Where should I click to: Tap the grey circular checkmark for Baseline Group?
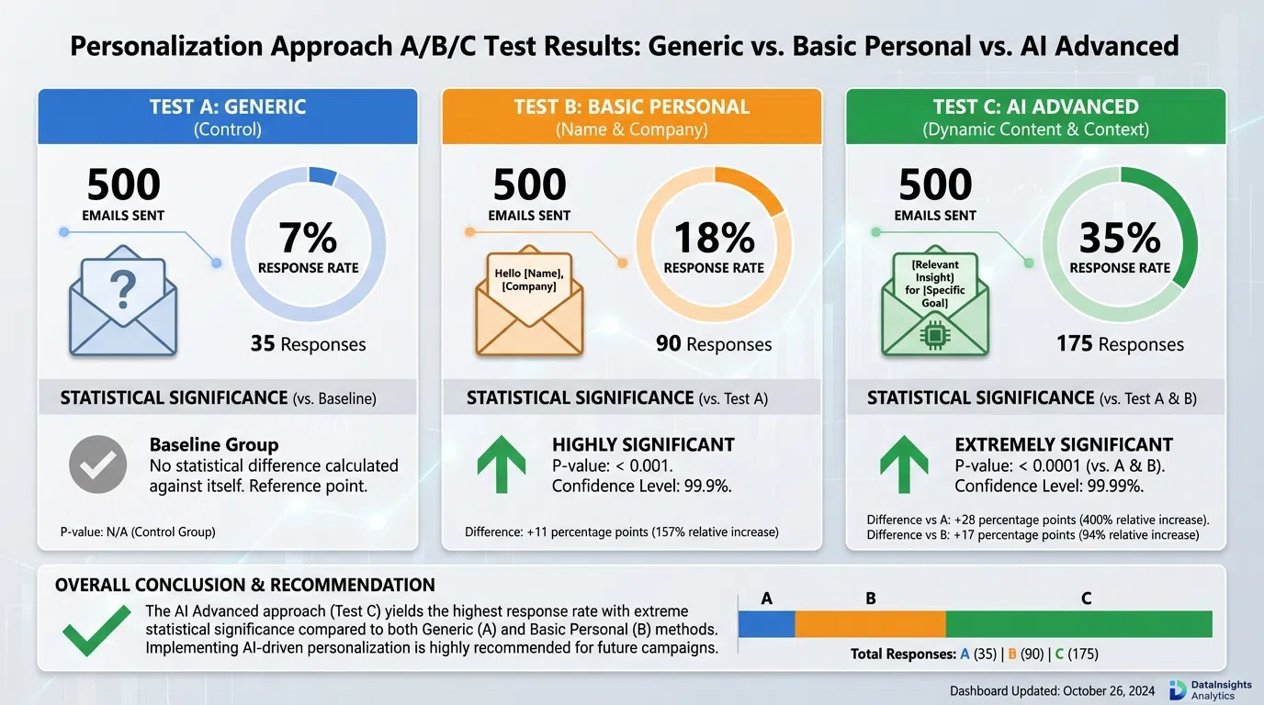[x=97, y=465]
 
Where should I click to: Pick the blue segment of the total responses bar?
[x=767, y=624]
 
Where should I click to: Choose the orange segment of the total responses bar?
[x=870, y=624]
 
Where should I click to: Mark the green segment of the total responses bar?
[x=1078, y=624]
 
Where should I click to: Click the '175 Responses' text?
[x=1120, y=344]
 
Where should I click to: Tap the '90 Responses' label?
[x=714, y=344]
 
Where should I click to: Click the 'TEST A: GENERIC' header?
[x=228, y=107]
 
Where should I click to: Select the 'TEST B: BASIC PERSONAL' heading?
[x=632, y=107]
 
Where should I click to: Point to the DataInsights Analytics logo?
[x=1179, y=690]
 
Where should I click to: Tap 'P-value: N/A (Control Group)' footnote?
[x=138, y=532]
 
